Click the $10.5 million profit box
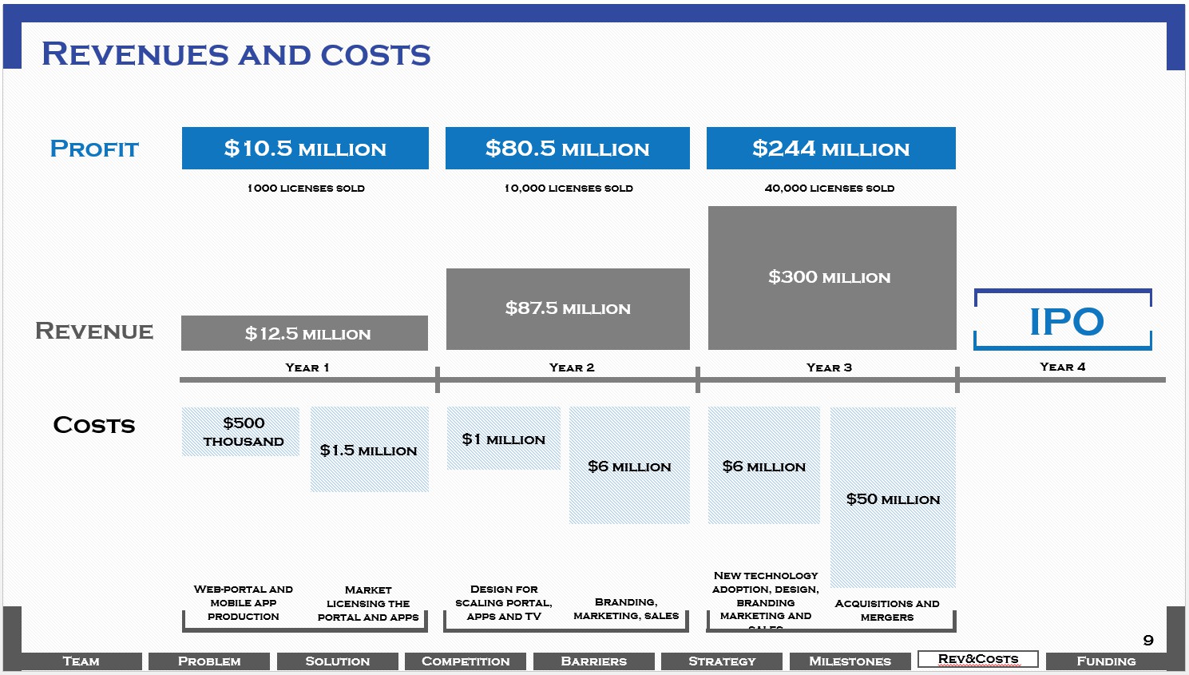pos(305,149)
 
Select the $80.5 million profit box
pos(567,149)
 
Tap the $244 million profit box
pos(830,149)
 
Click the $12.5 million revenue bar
pos(304,333)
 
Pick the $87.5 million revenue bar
pos(568,308)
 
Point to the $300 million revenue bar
pos(831,277)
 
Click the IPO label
pos(1065,321)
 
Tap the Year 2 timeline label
pos(572,367)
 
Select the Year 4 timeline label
pos(1062,367)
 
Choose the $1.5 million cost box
pos(369,450)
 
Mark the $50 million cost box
pos(893,498)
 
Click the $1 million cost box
pos(504,439)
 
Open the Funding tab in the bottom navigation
pos(1105,661)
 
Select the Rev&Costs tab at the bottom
pos(977,659)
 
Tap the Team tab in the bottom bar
pos(81,661)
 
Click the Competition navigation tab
pos(465,661)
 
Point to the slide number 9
pos(1148,640)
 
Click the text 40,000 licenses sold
pos(829,189)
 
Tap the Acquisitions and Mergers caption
pos(887,610)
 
